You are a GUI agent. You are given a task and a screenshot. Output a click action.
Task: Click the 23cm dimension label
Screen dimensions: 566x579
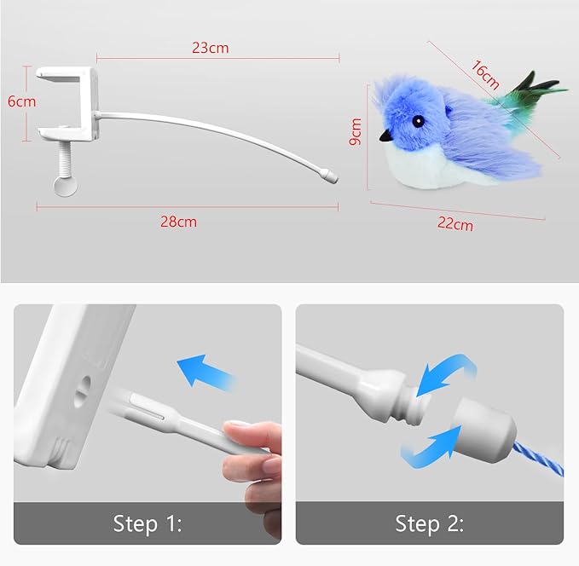210,48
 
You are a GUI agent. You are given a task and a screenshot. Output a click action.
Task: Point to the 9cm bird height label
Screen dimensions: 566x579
356,132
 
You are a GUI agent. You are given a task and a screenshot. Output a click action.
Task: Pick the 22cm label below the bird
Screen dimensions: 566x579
455,224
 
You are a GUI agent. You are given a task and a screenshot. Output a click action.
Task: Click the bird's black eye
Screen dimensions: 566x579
418,122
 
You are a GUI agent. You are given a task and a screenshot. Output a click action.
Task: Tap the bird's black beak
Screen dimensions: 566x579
386,135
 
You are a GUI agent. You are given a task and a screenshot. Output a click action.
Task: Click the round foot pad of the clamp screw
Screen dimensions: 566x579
63,186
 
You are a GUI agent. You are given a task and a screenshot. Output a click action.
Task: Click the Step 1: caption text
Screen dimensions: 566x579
148,523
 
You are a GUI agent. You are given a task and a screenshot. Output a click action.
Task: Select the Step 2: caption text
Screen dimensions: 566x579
429,523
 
